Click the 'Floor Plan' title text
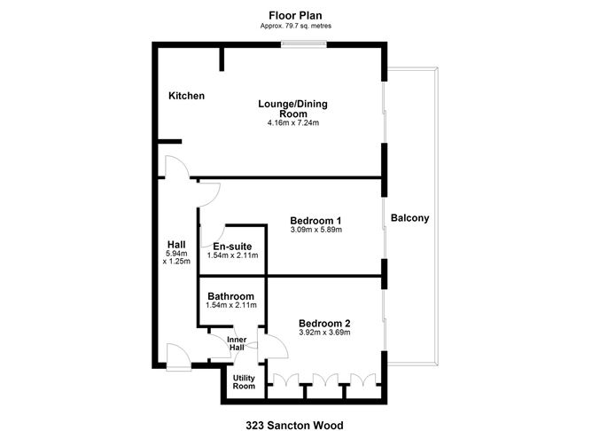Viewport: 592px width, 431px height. click(296, 15)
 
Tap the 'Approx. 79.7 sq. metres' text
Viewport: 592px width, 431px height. click(296, 26)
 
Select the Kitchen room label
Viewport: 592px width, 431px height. click(187, 96)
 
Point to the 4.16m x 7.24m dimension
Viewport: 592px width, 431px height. click(292, 122)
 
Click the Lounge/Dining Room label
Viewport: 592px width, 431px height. click(292, 108)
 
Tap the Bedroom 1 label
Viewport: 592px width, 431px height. click(316, 220)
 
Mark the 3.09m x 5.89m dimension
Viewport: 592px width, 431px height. click(316, 230)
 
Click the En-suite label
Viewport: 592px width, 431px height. click(231, 246)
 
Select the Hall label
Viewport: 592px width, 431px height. click(176, 245)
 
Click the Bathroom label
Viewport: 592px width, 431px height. click(231, 296)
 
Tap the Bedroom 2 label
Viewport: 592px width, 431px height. click(324, 323)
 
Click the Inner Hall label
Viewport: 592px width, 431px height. click(237, 343)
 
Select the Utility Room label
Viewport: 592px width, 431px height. click(244, 381)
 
